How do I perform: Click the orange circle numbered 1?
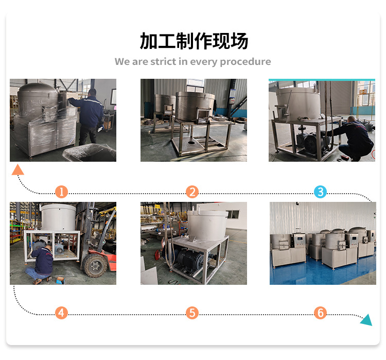[62, 192]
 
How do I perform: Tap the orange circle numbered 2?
[192, 192]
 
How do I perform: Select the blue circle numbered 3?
[320, 192]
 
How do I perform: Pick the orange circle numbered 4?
[61, 313]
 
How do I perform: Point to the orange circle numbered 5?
[192, 313]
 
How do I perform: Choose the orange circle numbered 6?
[320, 313]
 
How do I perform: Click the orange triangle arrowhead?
[17, 170]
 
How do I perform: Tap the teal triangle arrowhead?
[367, 320]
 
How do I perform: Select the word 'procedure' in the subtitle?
[245, 62]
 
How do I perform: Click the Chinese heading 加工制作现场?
[194, 41]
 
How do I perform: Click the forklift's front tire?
[95, 265]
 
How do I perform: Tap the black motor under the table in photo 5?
[188, 260]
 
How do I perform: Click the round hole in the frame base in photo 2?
[191, 143]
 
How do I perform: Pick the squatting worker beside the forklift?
[41, 264]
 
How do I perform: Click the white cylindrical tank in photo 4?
[59, 217]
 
